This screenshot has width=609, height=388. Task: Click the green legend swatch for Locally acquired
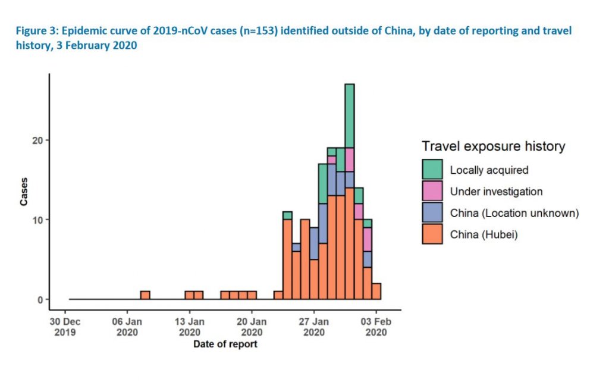[432, 169]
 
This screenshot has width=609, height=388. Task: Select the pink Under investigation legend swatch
[432, 191]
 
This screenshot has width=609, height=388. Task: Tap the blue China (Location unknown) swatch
[432, 212]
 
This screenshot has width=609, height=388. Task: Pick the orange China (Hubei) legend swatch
[432, 234]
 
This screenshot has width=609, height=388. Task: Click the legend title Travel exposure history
[493, 146]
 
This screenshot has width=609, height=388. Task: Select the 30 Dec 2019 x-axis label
[65, 327]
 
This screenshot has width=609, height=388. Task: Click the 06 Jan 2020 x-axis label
[127, 327]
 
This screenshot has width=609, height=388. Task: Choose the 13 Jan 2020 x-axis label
[190, 327]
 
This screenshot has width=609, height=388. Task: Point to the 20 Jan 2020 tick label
[252, 327]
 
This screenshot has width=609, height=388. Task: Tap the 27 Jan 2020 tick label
[314, 327]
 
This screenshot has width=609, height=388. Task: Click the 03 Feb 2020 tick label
[376, 327]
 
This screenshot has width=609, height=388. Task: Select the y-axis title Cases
[24, 192]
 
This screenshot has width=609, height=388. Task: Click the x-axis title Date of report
[225, 344]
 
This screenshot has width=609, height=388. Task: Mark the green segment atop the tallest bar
[350, 115]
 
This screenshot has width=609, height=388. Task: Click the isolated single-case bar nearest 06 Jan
[145, 295]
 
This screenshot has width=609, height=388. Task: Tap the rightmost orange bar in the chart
[376, 291]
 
